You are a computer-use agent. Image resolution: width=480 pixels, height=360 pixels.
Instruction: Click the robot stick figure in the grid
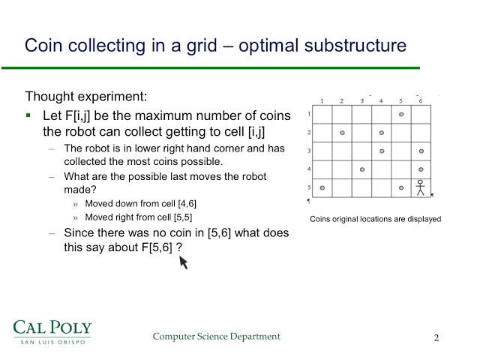(421, 187)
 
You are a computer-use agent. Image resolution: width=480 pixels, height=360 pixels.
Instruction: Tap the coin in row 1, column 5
(401, 114)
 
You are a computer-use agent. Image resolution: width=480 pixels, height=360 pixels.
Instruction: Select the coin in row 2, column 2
(342, 133)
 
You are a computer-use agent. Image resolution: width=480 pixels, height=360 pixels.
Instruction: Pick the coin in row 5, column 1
(322, 187)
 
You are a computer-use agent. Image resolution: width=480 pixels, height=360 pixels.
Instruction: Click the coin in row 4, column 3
(362, 169)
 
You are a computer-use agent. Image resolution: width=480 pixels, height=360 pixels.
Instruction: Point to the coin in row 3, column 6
(421, 151)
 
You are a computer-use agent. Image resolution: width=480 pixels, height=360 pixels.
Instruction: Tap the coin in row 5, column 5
(401, 187)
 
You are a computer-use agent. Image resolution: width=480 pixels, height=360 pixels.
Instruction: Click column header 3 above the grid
(362, 100)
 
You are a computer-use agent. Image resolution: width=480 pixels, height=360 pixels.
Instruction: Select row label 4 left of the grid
(308, 169)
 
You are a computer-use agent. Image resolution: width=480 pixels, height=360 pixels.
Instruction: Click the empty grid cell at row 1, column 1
(322, 114)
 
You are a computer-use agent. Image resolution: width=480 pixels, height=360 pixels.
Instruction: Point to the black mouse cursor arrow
(182, 262)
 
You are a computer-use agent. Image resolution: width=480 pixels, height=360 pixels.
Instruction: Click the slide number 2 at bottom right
(436, 337)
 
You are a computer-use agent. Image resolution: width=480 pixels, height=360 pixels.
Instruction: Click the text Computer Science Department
(216, 337)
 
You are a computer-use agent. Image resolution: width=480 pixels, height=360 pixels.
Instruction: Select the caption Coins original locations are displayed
(375, 220)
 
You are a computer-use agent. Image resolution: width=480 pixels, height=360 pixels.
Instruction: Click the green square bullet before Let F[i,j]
(28, 116)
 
